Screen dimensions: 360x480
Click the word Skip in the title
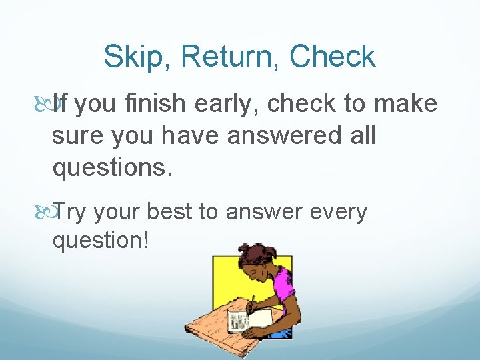(x=132, y=58)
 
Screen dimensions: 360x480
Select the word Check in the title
(x=332, y=58)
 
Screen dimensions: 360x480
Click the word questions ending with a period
(x=113, y=169)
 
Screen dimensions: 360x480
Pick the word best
(x=169, y=212)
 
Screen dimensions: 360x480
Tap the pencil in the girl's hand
(x=251, y=303)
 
